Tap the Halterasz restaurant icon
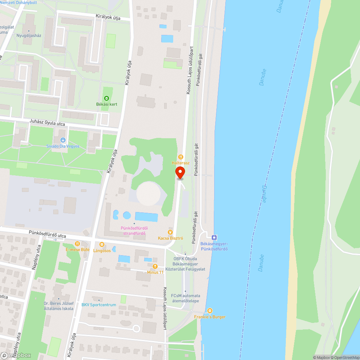180,157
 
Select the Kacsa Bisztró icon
171,232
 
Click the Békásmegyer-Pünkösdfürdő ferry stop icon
214,237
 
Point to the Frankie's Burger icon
210,311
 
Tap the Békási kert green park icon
106,98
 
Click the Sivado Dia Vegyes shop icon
63,140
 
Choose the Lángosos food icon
102,244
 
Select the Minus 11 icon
155,266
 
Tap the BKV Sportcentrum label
99,305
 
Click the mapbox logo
16,355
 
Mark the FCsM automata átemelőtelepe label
185,298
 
